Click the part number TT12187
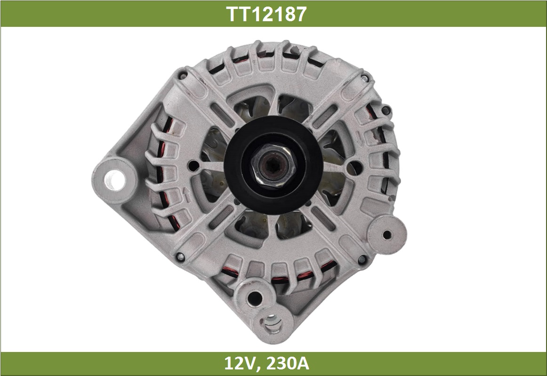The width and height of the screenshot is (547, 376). (266, 14)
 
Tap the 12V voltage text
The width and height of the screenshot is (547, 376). (241, 363)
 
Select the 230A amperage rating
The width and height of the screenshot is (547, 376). (288, 363)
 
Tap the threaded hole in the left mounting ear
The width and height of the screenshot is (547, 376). (114, 180)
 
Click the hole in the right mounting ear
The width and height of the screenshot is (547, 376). (387, 235)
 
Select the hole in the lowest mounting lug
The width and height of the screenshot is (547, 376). (272, 322)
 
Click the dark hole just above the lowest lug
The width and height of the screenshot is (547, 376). (254, 298)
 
